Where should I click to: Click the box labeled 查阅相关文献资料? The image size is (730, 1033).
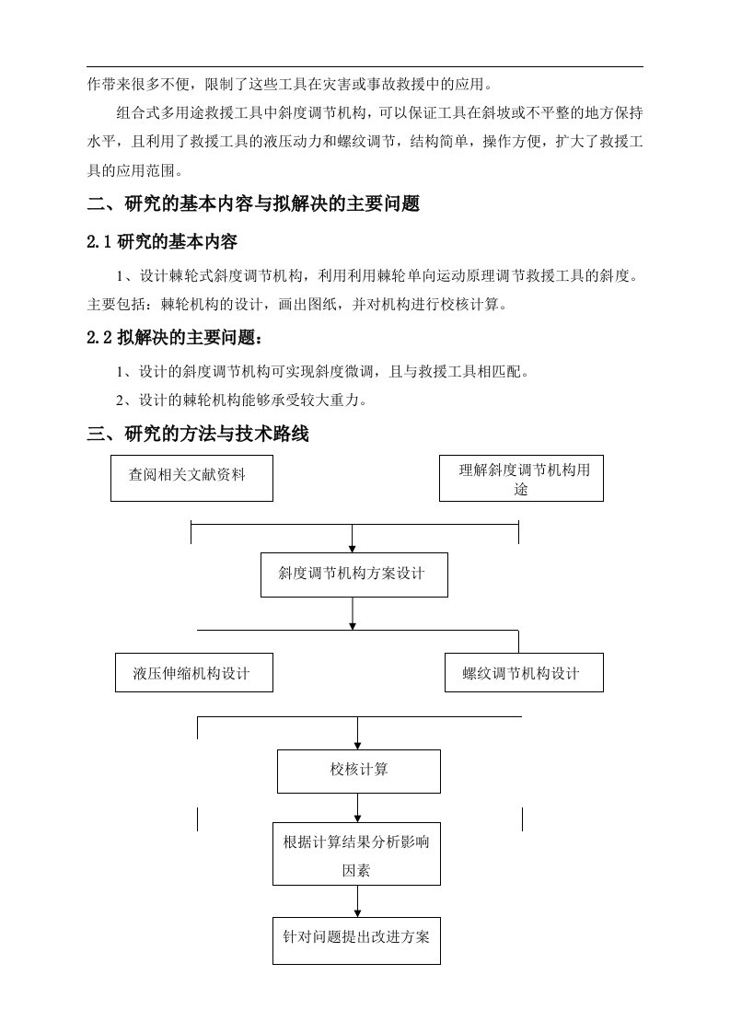[191, 478]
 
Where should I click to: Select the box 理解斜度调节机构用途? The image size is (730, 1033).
[521, 479]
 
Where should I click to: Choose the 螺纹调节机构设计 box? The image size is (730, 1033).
[523, 673]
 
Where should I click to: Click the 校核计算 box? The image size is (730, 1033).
[358, 771]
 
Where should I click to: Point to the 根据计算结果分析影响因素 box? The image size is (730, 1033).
[356, 854]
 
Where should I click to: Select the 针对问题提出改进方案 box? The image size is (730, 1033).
[356, 939]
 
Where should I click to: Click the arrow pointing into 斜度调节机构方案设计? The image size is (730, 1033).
[353, 538]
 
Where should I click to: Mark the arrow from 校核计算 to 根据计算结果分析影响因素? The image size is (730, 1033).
[358, 807]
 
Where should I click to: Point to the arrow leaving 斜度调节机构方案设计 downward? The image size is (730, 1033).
[353, 614]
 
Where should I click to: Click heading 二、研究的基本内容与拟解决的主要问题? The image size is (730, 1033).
[254, 204]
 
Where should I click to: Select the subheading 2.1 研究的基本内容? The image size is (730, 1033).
[163, 242]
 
